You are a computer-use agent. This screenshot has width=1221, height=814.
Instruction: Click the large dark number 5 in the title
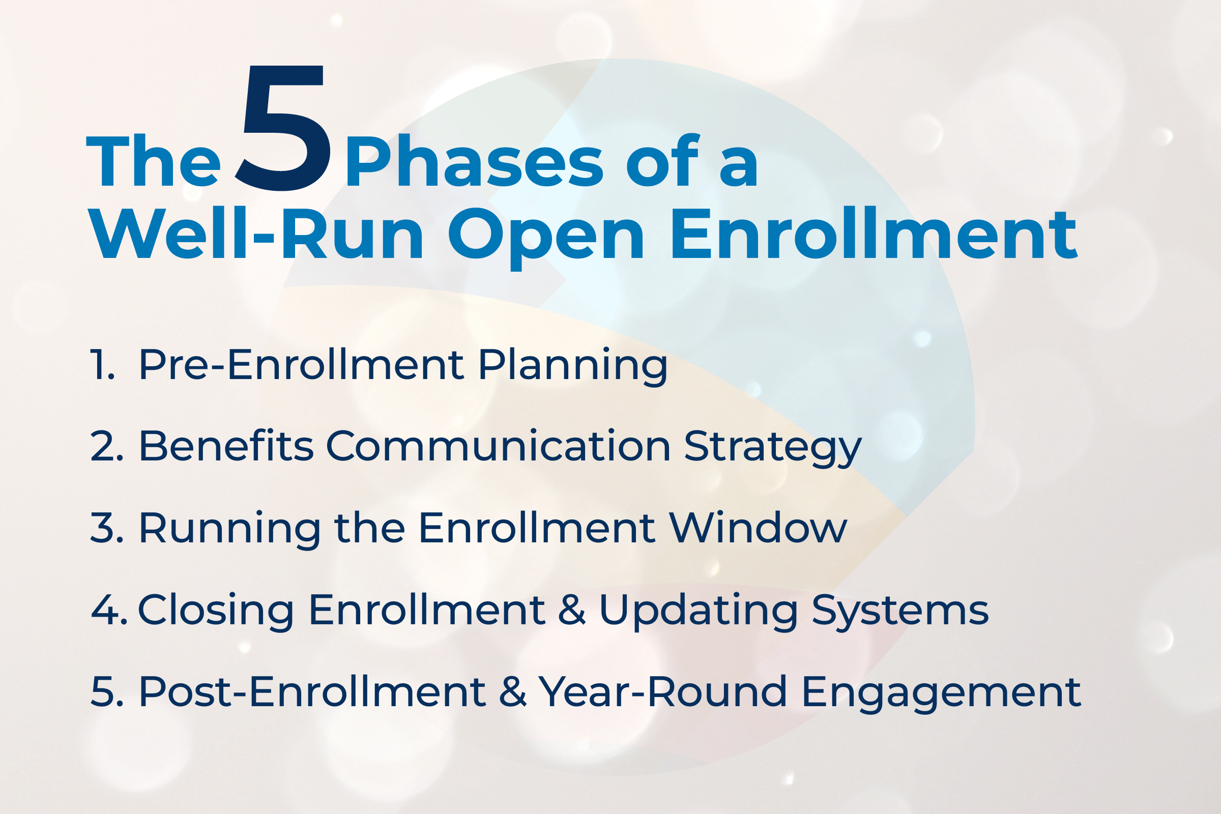click(x=283, y=130)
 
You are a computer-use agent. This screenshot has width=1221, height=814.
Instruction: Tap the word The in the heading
click(x=154, y=162)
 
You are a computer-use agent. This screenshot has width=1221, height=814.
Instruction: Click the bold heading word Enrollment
click(x=874, y=235)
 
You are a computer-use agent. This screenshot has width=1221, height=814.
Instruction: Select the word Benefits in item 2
click(x=226, y=446)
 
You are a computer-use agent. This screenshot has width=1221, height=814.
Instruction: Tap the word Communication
click(x=499, y=446)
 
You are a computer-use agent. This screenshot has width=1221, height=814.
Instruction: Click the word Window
click(x=758, y=528)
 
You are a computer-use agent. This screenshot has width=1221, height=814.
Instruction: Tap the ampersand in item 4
click(x=571, y=610)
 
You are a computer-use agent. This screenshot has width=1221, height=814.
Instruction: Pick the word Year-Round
click(x=662, y=691)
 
